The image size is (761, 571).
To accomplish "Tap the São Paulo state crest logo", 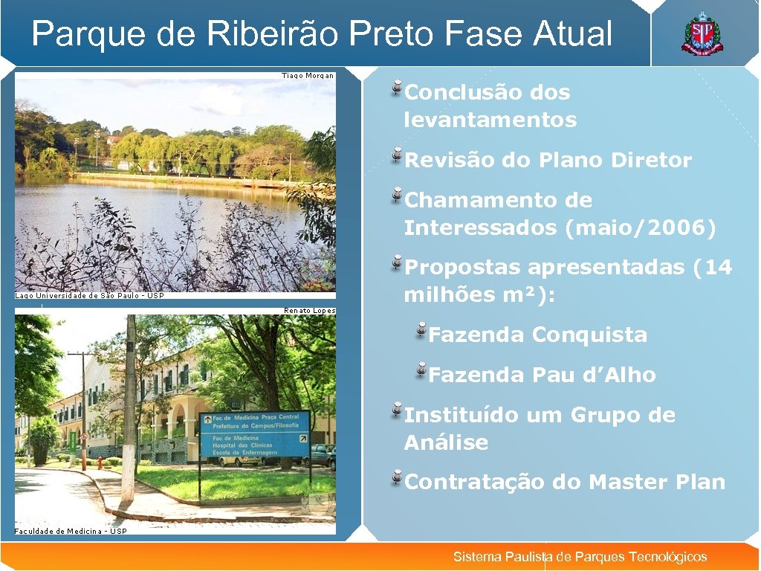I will click(x=702, y=34).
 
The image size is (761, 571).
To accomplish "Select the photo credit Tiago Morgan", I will click(x=308, y=75).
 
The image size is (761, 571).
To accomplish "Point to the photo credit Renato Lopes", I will click(x=309, y=311).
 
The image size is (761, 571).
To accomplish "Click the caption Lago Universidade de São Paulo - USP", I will click(x=89, y=296).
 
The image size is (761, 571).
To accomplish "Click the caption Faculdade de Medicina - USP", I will click(x=71, y=531).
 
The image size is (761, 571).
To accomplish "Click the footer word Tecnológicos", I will click(x=667, y=557).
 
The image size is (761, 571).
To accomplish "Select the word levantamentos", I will click(x=490, y=120).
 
